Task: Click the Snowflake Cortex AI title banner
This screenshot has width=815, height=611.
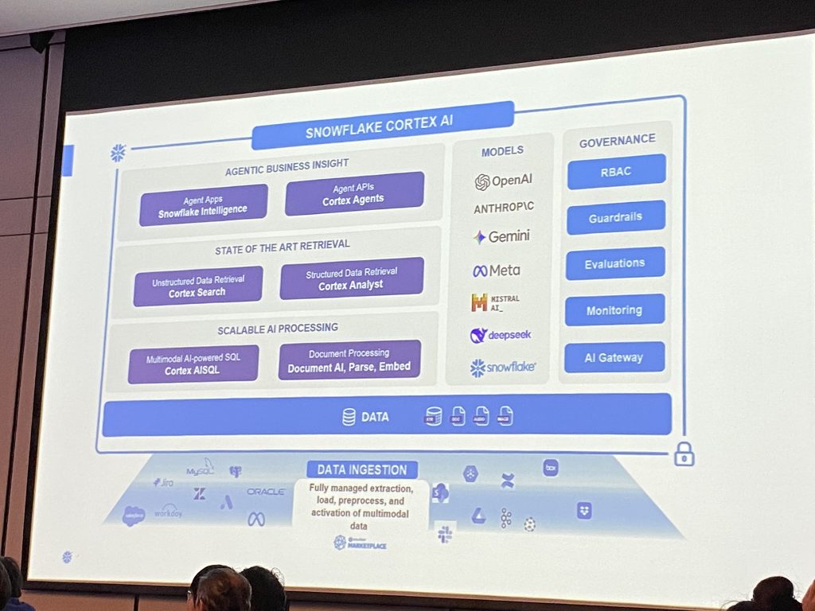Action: point(383,126)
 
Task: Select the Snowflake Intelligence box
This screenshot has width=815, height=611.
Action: point(203,204)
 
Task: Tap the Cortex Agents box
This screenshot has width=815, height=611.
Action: point(353,193)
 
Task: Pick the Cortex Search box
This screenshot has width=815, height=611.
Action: point(197,286)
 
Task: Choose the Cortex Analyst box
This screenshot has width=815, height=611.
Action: point(351,278)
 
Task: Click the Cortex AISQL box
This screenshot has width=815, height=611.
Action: point(193,364)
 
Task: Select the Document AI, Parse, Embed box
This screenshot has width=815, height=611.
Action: point(349,360)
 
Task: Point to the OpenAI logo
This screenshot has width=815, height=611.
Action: point(503,181)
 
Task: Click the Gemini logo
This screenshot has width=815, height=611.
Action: point(501,237)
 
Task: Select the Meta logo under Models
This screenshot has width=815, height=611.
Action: point(496,270)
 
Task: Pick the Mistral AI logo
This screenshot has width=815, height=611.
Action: point(495,302)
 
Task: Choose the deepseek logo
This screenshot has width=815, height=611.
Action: point(500,335)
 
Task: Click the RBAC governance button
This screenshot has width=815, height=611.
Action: point(616,172)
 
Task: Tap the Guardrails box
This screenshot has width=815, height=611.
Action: point(615,217)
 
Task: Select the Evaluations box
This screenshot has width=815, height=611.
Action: point(614,263)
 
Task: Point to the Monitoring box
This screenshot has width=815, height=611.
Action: point(614,310)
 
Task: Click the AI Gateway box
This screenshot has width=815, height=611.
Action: point(614,357)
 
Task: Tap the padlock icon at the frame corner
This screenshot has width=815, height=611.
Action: point(684,454)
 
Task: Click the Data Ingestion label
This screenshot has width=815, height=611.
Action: point(362,469)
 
